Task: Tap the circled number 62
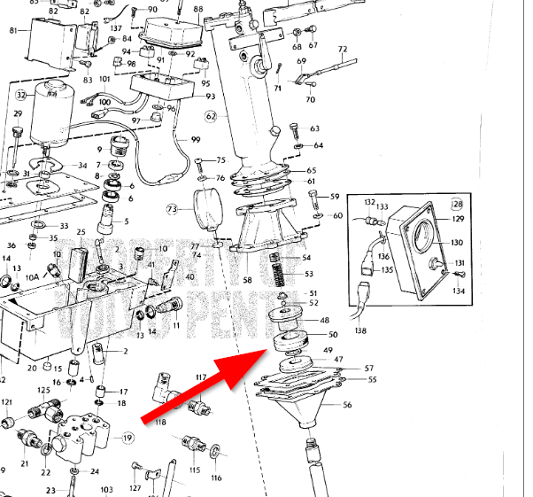(x=211, y=115)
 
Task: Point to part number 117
(x=201, y=378)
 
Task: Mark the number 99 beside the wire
(x=196, y=141)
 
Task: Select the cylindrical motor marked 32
(x=58, y=111)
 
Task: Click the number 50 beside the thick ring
(x=333, y=335)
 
